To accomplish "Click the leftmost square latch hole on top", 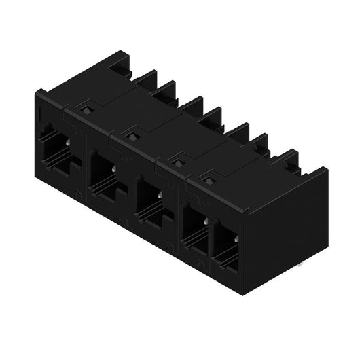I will pyautogui.click(x=86, y=107).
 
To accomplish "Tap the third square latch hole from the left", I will pyautogui.click(x=178, y=162).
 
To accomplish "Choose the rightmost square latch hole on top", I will pyautogui.click(x=208, y=180).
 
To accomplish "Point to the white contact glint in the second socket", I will pyautogui.click(x=113, y=168).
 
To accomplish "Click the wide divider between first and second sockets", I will pyautogui.click(x=84, y=163).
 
